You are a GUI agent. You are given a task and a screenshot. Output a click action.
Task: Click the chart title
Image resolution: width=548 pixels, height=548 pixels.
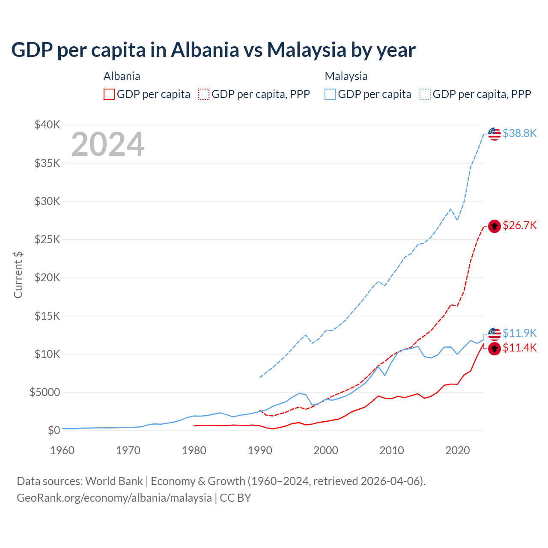point(213,50)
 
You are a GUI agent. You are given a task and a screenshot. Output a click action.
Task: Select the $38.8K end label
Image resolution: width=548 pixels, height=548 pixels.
point(519,134)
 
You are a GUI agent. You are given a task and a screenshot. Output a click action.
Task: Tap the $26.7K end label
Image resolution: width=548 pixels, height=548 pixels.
point(519,226)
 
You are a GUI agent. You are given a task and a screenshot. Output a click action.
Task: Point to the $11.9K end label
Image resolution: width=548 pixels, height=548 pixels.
point(519,333)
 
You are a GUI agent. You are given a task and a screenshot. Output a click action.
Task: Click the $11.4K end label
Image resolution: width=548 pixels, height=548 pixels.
point(519,348)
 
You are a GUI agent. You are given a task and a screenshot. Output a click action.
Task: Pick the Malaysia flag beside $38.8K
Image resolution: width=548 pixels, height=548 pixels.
point(494,134)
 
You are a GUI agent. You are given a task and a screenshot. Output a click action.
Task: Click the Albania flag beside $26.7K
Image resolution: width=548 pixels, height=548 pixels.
point(494,226)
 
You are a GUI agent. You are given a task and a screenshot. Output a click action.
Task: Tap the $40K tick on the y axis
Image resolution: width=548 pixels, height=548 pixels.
point(47,125)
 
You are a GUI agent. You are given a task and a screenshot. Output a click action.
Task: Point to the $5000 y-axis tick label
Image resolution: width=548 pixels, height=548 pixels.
point(45,392)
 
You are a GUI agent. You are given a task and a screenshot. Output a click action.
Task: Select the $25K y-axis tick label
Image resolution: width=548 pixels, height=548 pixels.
point(47,239)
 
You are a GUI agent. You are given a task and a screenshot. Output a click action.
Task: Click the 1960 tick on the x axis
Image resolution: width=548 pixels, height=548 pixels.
point(63,450)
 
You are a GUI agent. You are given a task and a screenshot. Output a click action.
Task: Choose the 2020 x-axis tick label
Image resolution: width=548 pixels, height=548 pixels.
point(458,450)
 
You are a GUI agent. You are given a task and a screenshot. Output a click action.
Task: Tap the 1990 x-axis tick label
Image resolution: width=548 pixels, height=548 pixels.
point(260,450)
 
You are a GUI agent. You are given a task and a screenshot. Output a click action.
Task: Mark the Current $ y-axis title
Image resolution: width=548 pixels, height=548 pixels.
point(18,275)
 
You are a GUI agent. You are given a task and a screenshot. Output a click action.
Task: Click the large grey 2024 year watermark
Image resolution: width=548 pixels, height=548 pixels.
point(107,145)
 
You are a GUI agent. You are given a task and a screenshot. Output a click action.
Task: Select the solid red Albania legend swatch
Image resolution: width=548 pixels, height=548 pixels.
point(109,94)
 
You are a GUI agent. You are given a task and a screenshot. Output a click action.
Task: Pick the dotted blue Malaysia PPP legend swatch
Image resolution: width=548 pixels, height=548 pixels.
point(425,94)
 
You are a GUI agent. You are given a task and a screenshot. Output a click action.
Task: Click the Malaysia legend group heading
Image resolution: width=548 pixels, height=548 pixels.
point(346,76)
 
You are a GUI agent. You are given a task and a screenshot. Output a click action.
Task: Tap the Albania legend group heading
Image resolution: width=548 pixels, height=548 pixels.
point(122,76)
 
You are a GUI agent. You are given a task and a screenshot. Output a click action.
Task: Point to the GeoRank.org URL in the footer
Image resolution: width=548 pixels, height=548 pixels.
point(114,498)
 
